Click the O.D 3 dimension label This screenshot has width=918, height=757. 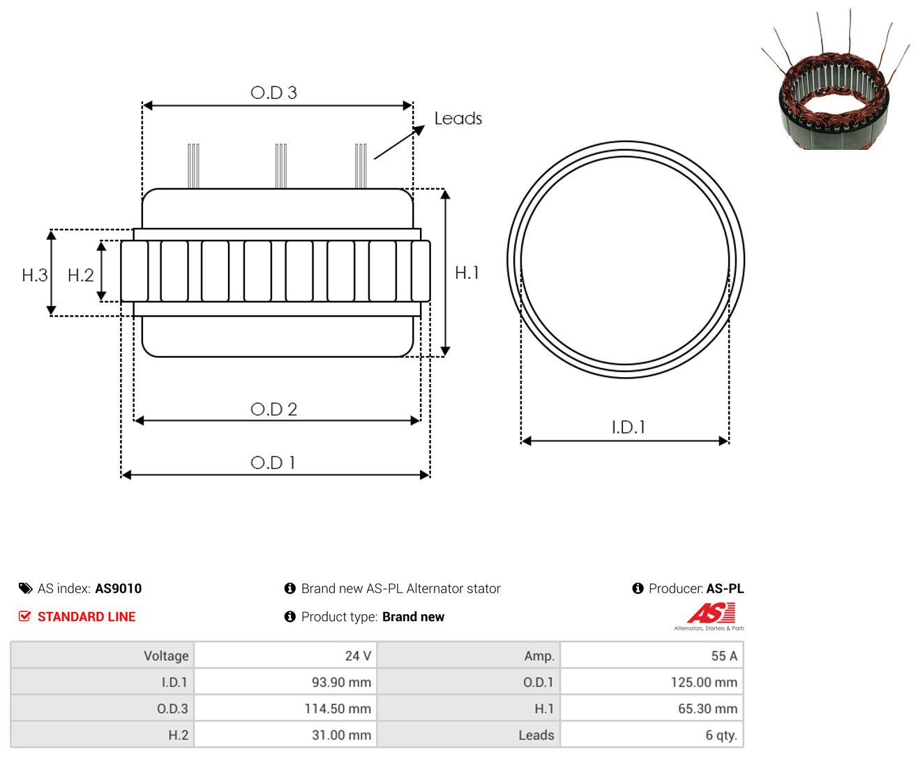(x=273, y=93)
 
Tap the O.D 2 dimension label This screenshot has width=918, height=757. (x=273, y=409)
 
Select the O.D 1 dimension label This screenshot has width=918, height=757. (x=273, y=463)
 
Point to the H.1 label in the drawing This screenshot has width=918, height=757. (x=467, y=273)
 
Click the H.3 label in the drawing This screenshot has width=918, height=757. (x=35, y=275)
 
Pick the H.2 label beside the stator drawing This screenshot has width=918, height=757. (x=80, y=275)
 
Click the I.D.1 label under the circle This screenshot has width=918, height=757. (x=629, y=427)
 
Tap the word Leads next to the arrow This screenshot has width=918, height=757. (x=458, y=118)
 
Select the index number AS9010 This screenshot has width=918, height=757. (x=119, y=588)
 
